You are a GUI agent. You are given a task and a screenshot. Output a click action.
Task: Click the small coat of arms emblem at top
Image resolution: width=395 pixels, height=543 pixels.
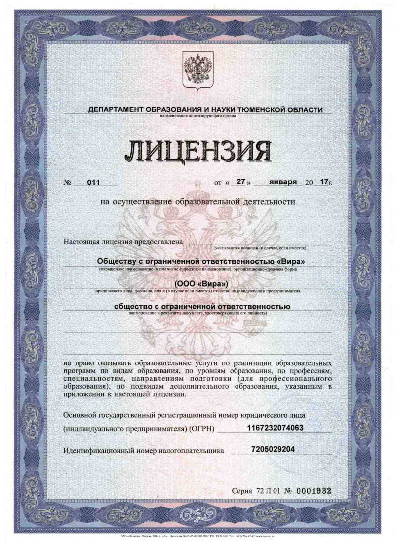pos(197,71)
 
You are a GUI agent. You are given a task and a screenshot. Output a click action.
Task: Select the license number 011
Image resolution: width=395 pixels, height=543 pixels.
pos(93,182)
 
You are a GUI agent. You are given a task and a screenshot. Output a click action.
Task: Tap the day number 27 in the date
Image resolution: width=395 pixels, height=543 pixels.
pos(241,181)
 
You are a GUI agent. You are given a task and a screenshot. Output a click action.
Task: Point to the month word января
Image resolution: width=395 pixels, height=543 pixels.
pos(283,181)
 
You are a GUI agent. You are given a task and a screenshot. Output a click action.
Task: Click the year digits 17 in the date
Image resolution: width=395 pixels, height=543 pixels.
pos(324,182)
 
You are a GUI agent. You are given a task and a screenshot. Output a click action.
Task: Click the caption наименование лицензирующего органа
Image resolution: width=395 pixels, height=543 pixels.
pos(198,116)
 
